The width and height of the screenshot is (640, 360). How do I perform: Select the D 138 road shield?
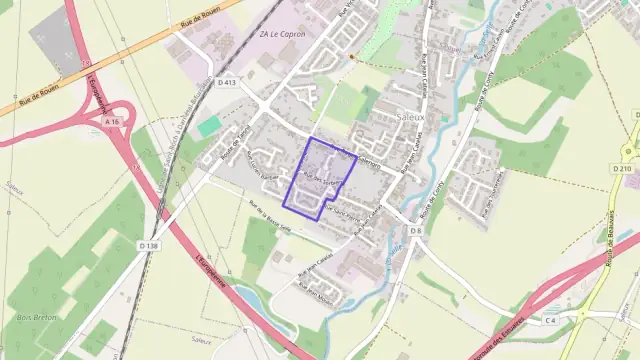click(x=148, y=245)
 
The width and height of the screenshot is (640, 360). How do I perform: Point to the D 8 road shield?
click(x=415, y=231)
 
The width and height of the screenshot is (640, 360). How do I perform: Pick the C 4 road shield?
click(x=549, y=320)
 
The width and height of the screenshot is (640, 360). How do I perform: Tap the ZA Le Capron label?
click(x=282, y=34)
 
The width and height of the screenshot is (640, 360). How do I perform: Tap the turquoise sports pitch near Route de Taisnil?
click(x=209, y=127)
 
